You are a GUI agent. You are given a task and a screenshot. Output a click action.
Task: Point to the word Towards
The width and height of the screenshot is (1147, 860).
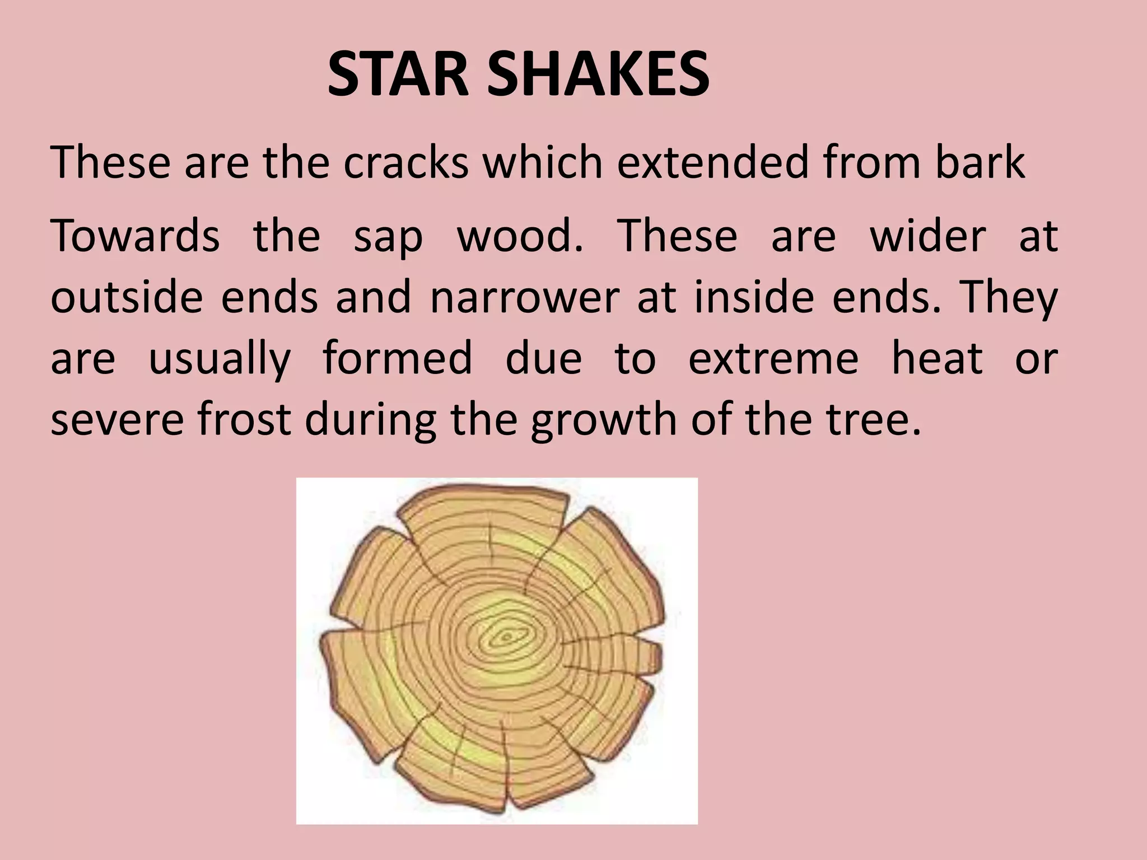click(x=135, y=236)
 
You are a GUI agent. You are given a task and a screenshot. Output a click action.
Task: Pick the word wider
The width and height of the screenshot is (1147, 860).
click(x=927, y=236)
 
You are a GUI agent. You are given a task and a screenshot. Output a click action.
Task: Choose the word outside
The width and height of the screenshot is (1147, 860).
click(x=127, y=297)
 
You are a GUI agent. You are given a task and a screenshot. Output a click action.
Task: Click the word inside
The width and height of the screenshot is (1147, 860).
click(x=754, y=297)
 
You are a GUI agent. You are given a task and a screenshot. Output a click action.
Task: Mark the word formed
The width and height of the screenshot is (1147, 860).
click(x=398, y=358)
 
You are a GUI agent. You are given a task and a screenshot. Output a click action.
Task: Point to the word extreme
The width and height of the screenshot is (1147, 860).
click(x=773, y=359)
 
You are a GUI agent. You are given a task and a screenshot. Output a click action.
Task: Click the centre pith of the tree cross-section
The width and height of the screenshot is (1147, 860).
click(x=506, y=637)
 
